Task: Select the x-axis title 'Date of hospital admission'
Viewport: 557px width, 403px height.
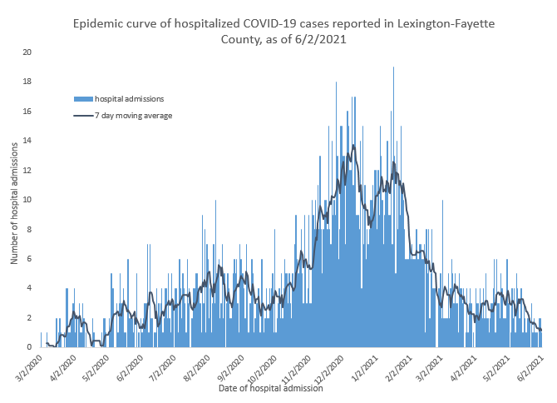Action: [270, 388]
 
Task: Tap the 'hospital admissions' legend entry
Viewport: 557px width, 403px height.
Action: [129, 98]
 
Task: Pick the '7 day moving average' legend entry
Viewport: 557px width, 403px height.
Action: [133, 116]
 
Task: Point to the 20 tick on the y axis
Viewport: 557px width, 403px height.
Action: [27, 52]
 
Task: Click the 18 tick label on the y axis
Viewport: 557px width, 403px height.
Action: [27, 82]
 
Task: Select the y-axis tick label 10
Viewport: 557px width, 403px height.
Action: [27, 200]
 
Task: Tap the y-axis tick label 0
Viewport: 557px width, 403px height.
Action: [29, 347]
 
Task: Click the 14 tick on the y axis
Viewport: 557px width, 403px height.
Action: [27, 141]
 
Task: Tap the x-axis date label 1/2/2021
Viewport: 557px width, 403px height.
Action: [362, 366]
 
